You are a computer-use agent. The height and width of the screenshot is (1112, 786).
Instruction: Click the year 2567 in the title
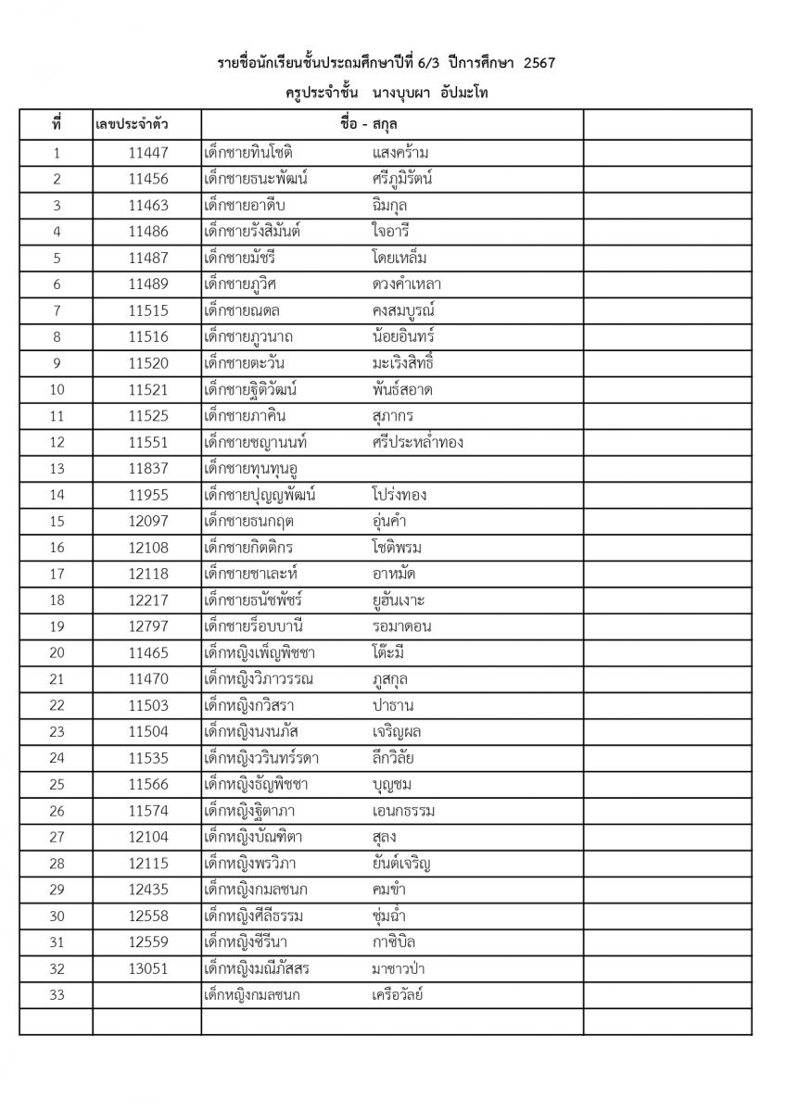click(x=539, y=62)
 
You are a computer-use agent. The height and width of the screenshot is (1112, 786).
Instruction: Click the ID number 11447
click(x=148, y=153)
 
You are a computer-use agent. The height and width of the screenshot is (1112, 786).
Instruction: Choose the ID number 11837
click(x=148, y=469)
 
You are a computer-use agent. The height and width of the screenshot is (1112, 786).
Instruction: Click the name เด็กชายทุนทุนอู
click(x=261, y=469)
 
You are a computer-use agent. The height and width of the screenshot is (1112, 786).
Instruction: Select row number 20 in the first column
click(x=57, y=652)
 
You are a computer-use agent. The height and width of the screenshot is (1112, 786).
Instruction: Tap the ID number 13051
click(x=148, y=969)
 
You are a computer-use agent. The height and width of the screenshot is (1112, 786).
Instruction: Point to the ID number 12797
click(x=148, y=626)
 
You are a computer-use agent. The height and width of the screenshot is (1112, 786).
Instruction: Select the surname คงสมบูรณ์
click(x=401, y=310)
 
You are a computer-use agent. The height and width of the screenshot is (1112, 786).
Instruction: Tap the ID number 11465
click(x=148, y=652)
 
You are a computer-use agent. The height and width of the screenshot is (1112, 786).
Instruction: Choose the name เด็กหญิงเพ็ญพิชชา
click(x=269, y=652)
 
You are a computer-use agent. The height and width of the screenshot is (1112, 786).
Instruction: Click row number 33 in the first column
click(x=57, y=996)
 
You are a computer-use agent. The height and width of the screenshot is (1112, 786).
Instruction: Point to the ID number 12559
click(x=148, y=943)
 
